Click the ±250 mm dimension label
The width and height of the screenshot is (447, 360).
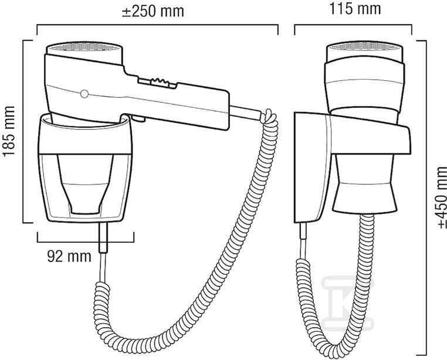click(x=153, y=11)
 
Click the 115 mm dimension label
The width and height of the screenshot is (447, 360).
click(x=355, y=9)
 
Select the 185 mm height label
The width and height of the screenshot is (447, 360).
click(x=9, y=131)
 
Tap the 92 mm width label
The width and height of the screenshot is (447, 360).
click(x=69, y=256)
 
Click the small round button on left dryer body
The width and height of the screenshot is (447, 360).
click(x=84, y=94)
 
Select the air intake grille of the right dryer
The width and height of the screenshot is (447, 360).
click(x=365, y=46)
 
